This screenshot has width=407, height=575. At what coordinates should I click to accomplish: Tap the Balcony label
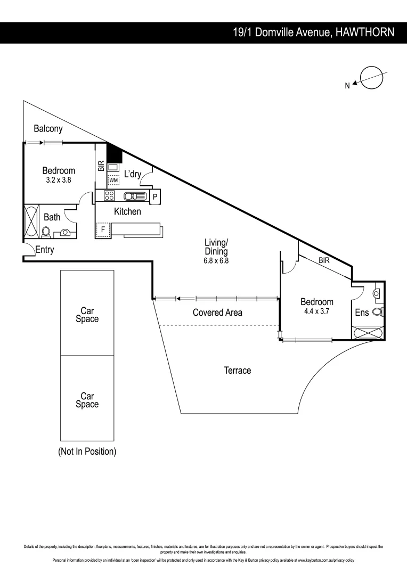coord(48,128)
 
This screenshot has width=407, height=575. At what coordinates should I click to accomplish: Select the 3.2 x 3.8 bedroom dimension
coord(59,180)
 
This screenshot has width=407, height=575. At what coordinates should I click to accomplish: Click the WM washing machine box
coord(113,180)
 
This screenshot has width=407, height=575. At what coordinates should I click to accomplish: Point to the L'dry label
coord(133,174)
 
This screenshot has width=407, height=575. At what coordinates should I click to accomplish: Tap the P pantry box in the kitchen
coord(155,196)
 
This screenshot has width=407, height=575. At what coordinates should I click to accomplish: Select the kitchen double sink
coord(135,196)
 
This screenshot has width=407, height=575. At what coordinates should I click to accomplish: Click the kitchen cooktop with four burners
coord(110,196)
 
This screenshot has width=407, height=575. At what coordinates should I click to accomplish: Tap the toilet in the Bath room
coord(46,232)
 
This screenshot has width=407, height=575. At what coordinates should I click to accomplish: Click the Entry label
coord(45,250)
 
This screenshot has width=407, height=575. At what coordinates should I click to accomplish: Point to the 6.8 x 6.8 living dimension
coord(216,261)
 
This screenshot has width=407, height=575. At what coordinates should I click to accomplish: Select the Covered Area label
coord(217,313)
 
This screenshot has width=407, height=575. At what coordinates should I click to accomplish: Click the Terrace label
coord(237,370)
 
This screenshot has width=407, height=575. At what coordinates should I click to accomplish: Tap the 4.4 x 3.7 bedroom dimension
coord(316,312)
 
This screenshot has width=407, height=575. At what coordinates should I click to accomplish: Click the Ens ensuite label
coord(362,313)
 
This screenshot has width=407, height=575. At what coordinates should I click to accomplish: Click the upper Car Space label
coord(87,314)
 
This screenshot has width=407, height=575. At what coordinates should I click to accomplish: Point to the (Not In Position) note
coord(87,451)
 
